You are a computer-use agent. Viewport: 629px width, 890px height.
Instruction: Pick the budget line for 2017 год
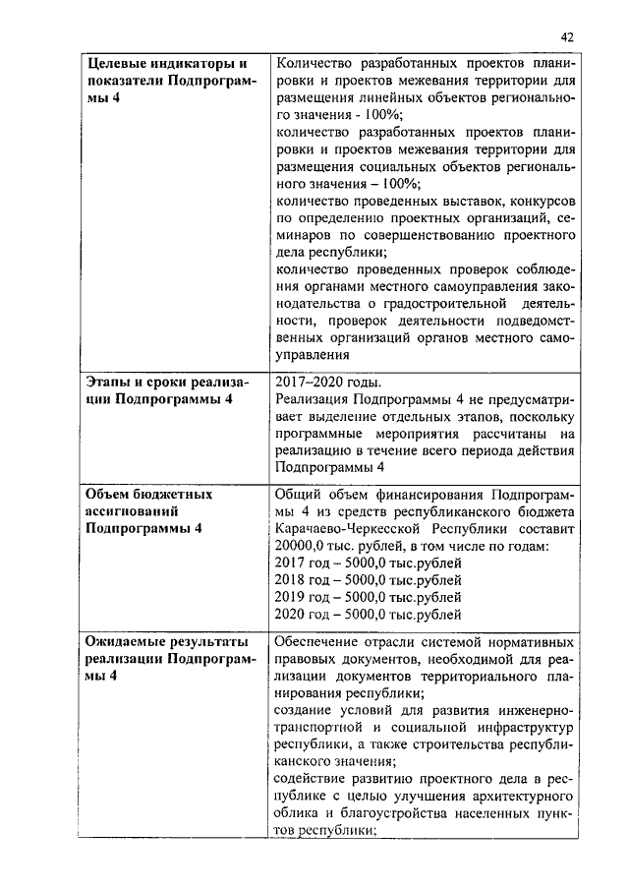click(x=369, y=564)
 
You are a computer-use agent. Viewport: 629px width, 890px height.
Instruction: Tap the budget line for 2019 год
click(x=369, y=598)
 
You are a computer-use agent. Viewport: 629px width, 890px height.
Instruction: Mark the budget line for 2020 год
click(x=369, y=616)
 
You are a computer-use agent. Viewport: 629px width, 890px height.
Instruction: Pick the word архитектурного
click(x=517, y=795)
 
